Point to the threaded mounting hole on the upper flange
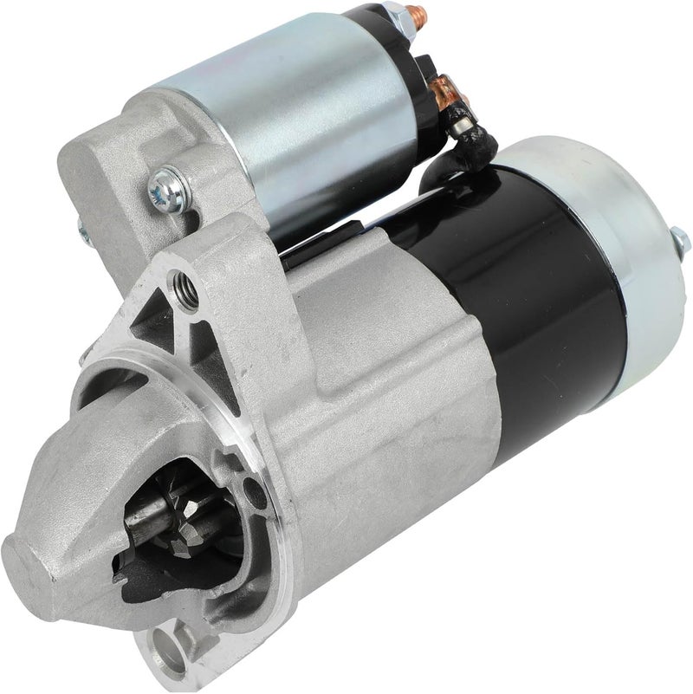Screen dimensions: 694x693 pyautogui.click(x=182, y=283)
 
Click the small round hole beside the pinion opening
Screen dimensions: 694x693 pyautogui.click(x=252, y=496)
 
